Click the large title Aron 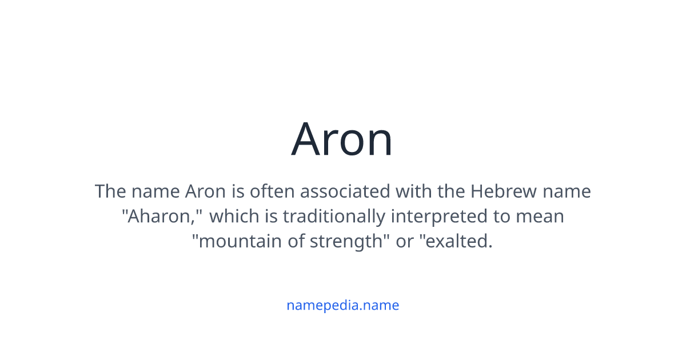coord(342,139)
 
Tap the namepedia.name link coord(342,305)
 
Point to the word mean coord(539,217)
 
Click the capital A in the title coord(308,139)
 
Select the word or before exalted coord(405,242)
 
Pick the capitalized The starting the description coord(110,191)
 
